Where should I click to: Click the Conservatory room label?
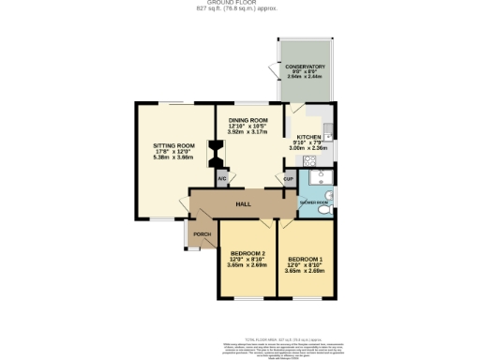click(x=307, y=67)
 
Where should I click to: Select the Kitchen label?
click(x=309, y=136)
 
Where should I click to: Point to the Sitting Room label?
click(x=173, y=146)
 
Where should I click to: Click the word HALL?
click(x=243, y=203)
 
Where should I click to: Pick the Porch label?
click(x=202, y=234)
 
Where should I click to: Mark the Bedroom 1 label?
click(x=306, y=259)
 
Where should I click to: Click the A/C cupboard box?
click(x=222, y=178)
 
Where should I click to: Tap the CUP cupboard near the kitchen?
click(x=289, y=178)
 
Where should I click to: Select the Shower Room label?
click(x=313, y=202)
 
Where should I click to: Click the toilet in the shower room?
click(x=324, y=211)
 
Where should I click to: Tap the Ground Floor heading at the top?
click(x=240, y=3)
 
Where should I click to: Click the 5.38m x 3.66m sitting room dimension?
click(x=173, y=157)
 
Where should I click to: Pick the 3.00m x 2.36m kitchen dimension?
click(x=309, y=147)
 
